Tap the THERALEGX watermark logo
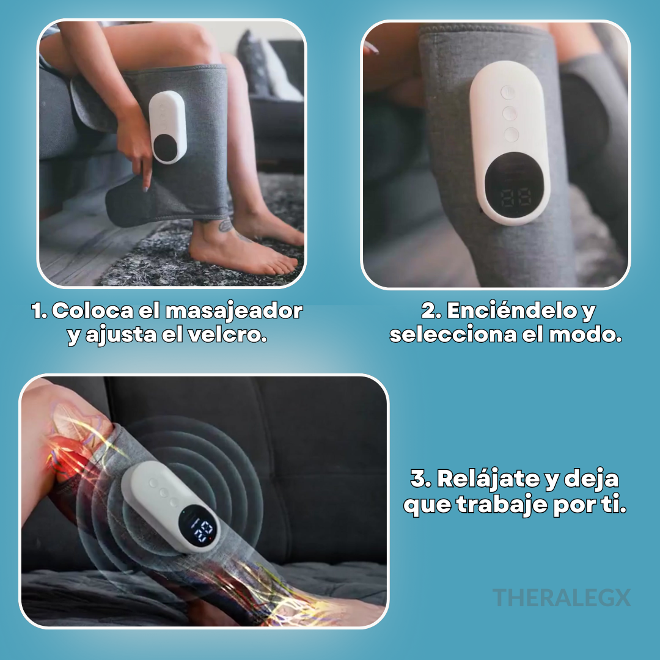(x=562, y=598)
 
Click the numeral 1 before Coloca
(x=38, y=311)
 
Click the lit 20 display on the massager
(x=202, y=529)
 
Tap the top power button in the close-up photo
(x=508, y=92)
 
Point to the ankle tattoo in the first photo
(x=226, y=227)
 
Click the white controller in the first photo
(x=167, y=127)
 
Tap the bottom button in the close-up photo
(x=511, y=134)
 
